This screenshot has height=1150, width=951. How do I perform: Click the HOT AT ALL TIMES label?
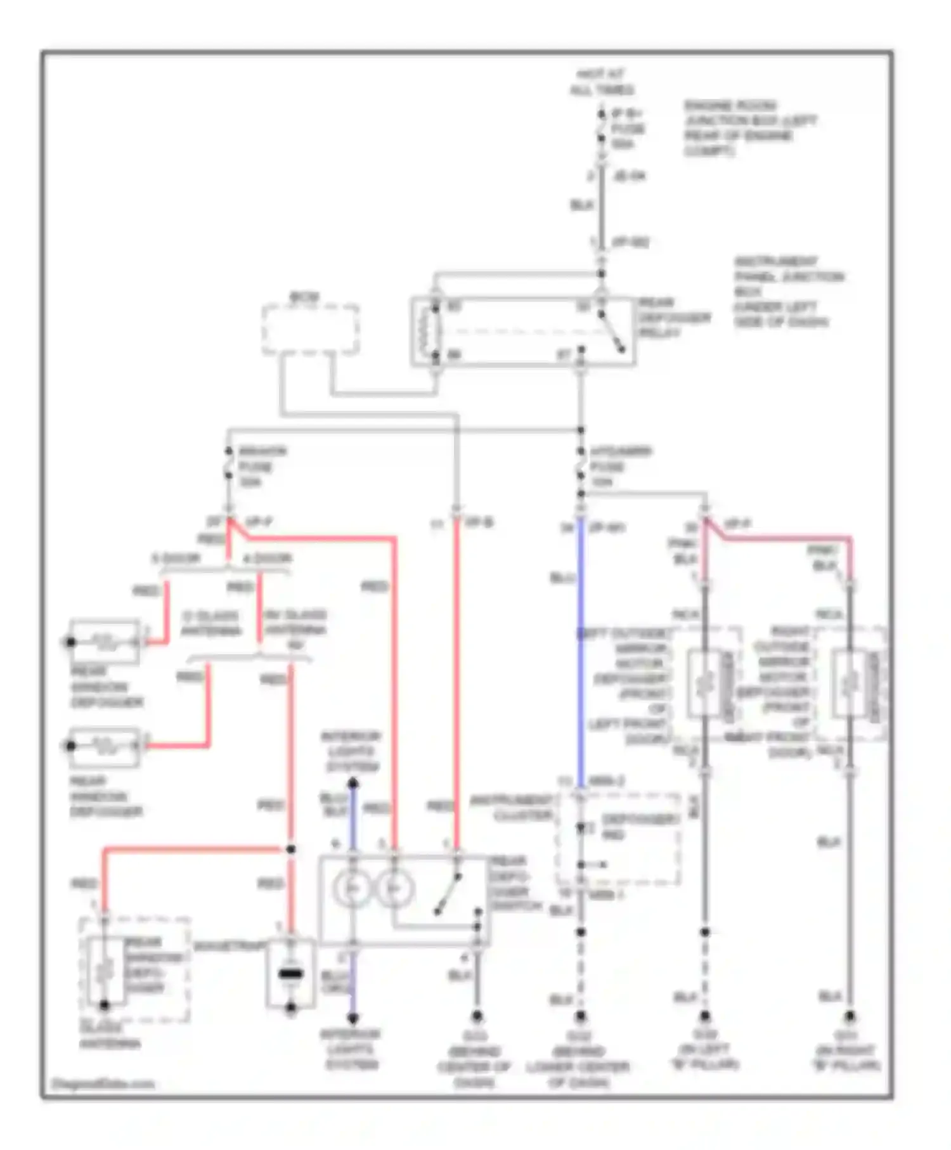pos(601,82)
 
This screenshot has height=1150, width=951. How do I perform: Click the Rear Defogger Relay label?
pos(673,318)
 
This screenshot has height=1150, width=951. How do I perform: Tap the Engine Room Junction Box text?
pos(748,128)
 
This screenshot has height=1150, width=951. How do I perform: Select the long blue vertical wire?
pos(580,653)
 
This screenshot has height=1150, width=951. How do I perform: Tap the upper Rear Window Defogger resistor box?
pos(105,642)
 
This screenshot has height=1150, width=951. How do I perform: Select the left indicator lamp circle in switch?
pos(353,888)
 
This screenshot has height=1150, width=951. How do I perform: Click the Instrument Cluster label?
pos(511,808)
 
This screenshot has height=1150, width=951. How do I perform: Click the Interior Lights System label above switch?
pos(351,751)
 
